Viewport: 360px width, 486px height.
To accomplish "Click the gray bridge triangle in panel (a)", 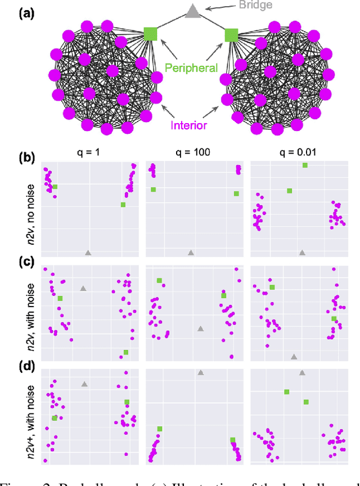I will pos(192,11).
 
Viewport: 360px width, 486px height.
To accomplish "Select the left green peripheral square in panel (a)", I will pos(150,34).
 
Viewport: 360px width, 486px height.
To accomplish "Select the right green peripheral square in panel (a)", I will pos(231,35).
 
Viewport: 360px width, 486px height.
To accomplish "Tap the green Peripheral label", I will pos(191,68).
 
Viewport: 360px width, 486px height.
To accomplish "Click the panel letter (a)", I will pos(13,11).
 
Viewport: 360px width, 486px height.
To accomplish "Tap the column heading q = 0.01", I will pos(296,152).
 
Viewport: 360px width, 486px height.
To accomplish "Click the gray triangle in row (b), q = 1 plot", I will pos(88,253).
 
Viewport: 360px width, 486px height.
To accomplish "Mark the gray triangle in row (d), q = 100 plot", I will pos(200,372).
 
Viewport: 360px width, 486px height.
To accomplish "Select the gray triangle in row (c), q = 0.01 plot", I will pos(294,356).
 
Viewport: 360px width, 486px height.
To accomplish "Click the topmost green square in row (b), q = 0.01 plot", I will pos(305,165).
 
